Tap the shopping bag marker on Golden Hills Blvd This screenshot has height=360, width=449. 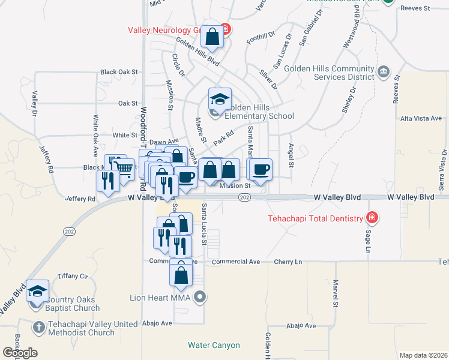point(212,37)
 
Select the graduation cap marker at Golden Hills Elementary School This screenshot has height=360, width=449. point(220,98)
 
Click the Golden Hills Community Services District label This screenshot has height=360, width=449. point(330,73)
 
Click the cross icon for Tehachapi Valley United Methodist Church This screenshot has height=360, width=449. point(38,327)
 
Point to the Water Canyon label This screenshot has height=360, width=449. point(214,345)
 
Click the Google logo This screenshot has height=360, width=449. point(20,352)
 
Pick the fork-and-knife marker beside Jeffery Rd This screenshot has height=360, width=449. point(108,181)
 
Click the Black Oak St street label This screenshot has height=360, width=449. point(119,71)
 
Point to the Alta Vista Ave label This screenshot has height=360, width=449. point(421,118)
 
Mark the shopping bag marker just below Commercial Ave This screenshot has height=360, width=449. point(181,275)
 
